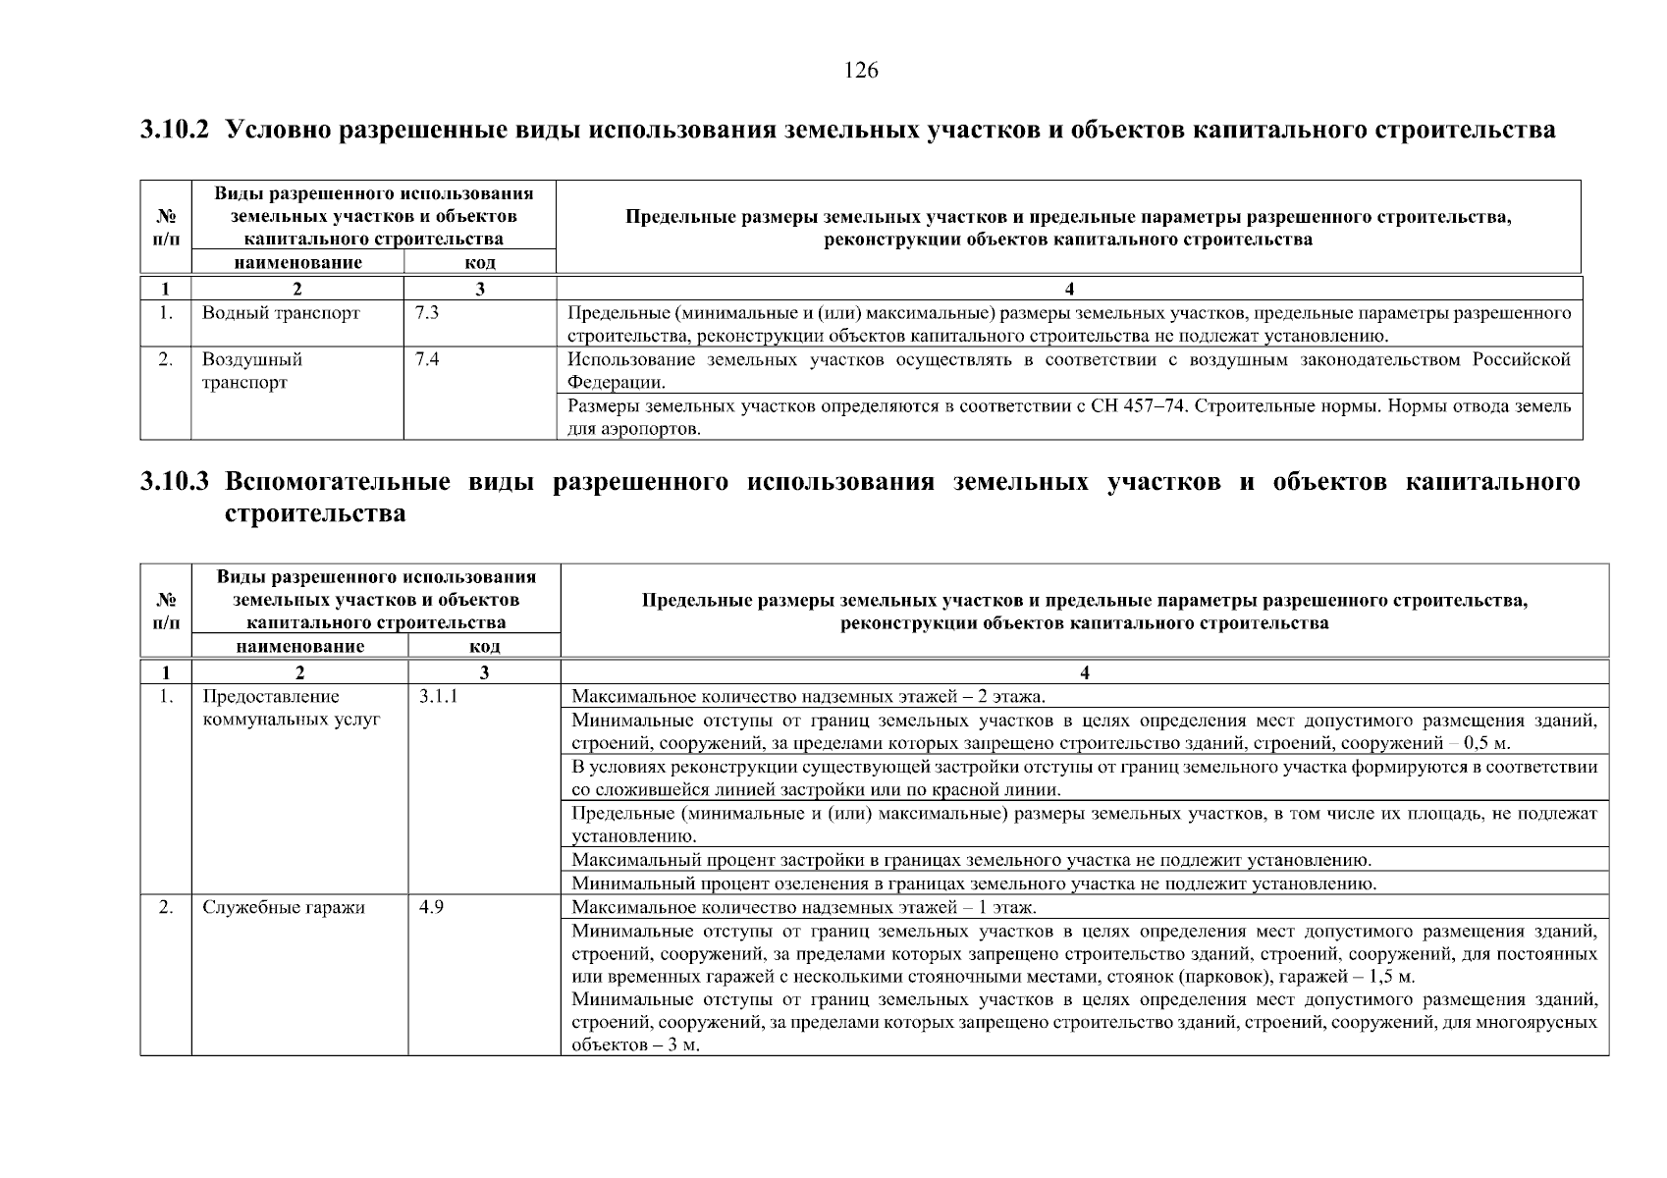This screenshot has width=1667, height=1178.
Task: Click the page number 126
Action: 861,71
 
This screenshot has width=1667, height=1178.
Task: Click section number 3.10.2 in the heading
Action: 175,130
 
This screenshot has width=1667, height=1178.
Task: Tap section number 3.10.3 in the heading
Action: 175,482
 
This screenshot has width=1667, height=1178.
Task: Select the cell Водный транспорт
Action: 281,314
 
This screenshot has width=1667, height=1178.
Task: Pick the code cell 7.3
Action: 427,314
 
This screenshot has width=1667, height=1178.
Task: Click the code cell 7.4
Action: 427,360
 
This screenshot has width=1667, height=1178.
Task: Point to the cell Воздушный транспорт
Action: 251,371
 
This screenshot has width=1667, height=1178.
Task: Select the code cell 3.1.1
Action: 438,697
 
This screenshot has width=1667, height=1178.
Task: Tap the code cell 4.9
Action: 431,907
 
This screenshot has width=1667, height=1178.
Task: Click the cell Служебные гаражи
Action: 284,907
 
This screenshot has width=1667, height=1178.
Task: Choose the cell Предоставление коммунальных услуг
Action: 291,708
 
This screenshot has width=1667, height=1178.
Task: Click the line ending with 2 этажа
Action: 808,697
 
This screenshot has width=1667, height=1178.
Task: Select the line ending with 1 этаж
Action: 803,907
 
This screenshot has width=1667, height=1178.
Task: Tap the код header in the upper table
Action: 480,262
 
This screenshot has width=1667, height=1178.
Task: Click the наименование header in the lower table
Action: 300,646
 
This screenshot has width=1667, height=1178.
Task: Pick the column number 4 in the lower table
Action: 1084,672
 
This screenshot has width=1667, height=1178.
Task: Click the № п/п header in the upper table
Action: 166,227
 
